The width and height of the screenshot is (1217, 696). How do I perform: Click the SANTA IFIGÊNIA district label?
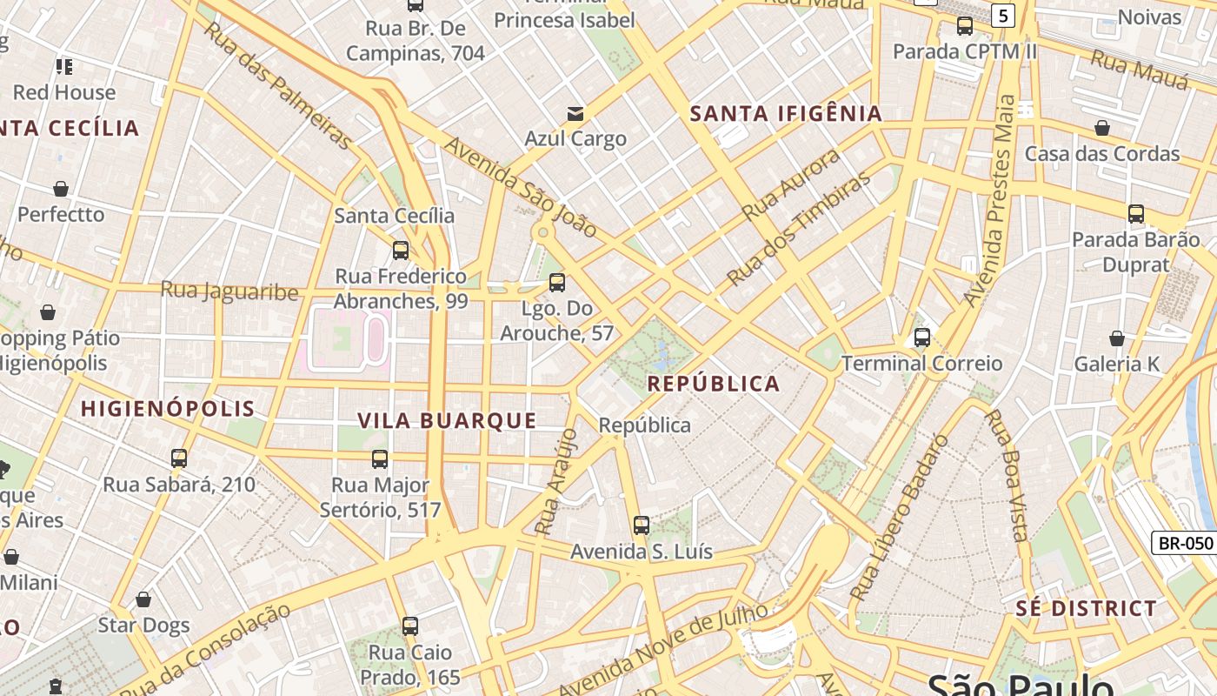(x=786, y=113)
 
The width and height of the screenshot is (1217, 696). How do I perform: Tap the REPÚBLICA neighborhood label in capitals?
(x=714, y=384)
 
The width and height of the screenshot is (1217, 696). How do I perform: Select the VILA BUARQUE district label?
(x=448, y=421)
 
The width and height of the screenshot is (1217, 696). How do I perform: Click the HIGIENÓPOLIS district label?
(x=168, y=409)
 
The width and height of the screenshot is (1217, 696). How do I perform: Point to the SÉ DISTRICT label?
(x=1087, y=608)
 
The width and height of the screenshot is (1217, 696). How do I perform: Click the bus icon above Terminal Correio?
(x=922, y=338)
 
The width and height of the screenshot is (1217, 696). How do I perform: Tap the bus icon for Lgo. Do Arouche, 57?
(x=557, y=283)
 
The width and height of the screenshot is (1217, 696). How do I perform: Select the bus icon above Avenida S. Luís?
(x=642, y=525)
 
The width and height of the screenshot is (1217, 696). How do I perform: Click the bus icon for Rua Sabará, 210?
(x=179, y=458)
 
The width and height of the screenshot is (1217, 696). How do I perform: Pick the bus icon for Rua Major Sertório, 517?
(x=380, y=459)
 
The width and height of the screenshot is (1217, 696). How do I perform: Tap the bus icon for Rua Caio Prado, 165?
(x=410, y=626)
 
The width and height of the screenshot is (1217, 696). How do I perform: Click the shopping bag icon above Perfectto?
(x=61, y=189)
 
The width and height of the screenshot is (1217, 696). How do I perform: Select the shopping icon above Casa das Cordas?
(x=1102, y=128)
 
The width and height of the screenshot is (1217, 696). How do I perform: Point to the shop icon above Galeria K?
(x=1117, y=338)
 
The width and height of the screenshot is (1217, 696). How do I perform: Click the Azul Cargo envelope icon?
(x=575, y=113)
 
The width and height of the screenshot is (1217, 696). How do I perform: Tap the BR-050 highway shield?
(x=1185, y=543)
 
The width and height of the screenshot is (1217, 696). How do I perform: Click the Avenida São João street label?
(x=520, y=186)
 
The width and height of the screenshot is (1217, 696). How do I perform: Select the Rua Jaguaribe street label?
(x=229, y=291)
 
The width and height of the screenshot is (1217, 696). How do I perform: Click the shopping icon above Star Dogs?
(x=143, y=599)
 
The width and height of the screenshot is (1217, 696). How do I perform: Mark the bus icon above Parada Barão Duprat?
(x=1135, y=214)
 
